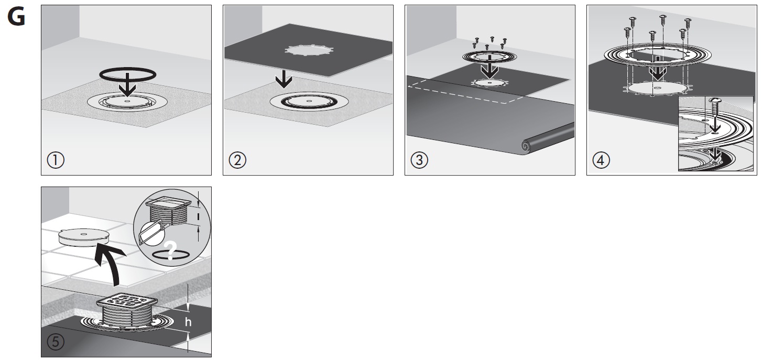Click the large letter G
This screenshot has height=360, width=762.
[16, 17]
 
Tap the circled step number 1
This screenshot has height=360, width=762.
[56, 160]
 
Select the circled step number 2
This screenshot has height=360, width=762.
[237, 160]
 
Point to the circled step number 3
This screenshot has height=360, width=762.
[419, 160]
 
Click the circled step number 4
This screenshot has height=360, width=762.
[601, 160]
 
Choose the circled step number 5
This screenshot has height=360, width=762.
[56, 342]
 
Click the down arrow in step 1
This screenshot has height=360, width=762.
[127, 85]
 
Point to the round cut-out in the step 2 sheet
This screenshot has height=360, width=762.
[309, 50]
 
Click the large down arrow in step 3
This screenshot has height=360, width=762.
[489, 67]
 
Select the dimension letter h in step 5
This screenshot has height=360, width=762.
[188, 322]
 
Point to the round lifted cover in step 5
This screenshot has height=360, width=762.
[84, 237]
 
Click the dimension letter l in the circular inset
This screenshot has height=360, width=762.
[198, 216]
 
